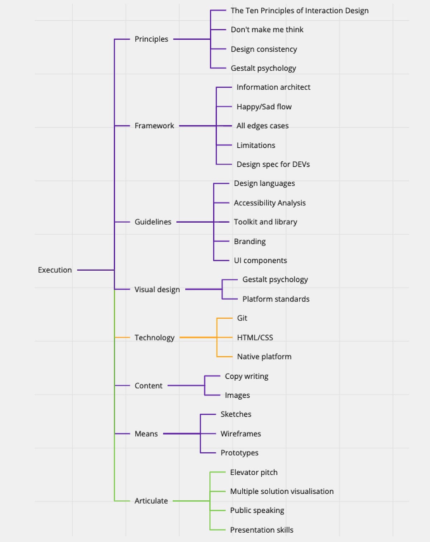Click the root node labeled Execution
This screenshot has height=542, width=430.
(55, 270)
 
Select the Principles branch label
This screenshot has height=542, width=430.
(151, 39)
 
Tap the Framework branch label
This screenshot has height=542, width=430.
(154, 126)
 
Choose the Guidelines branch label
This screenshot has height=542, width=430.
(153, 222)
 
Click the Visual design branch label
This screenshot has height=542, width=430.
(157, 289)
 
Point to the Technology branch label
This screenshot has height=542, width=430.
(154, 338)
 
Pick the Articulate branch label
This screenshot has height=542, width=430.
(151, 501)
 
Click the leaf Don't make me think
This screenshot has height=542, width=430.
(267, 30)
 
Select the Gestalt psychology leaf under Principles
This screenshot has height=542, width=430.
(263, 68)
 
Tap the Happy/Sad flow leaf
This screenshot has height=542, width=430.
(264, 107)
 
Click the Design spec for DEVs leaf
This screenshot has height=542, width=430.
(273, 165)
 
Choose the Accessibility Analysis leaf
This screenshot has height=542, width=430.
(270, 203)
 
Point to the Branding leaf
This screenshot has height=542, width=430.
(250, 242)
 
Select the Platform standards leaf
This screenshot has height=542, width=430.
(276, 299)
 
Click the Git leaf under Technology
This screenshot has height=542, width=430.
(242, 318)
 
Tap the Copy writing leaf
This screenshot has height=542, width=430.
(247, 376)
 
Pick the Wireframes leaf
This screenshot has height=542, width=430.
(241, 434)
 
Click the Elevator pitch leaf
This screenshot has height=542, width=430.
(254, 472)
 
